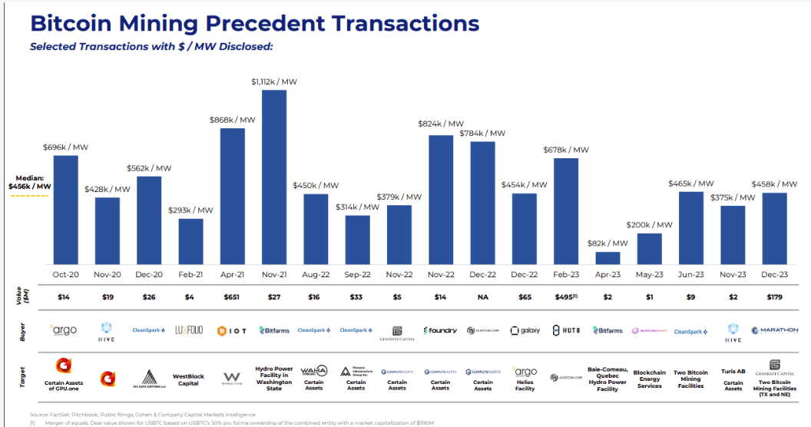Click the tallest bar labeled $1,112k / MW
tap(274, 177)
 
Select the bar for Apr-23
tap(607, 258)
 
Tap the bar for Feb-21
tap(191, 242)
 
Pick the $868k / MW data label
tap(233, 120)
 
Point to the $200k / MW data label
tap(649, 225)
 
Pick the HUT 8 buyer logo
tap(566, 330)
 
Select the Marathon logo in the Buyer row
tap(774, 330)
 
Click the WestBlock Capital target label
tap(191, 380)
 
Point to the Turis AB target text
tap(733, 372)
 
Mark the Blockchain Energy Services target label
tap(649, 379)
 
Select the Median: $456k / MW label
tap(30, 181)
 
